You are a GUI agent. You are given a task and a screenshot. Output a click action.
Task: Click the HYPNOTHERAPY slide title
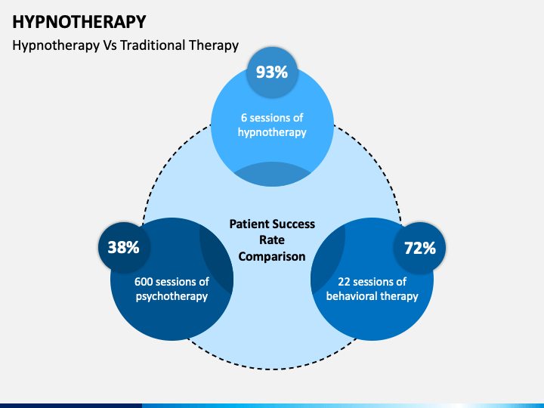pyautogui.click(x=79, y=22)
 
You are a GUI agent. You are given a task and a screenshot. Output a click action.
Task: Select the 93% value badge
pyautogui.click(x=272, y=73)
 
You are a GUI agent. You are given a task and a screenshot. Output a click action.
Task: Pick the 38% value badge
pyautogui.click(x=124, y=248)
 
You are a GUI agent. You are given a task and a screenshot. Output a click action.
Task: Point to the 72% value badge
pyautogui.click(x=420, y=248)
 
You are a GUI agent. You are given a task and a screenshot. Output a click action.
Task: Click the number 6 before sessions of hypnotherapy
pyautogui.click(x=244, y=118)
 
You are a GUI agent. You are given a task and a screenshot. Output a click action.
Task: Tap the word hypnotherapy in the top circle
pyautogui.click(x=272, y=133)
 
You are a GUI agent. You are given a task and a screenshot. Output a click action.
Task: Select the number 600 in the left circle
pyautogui.click(x=144, y=282)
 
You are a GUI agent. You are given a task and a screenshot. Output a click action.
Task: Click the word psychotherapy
pyautogui.click(x=172, y=297)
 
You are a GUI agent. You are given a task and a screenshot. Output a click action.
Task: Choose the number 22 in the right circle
pyautogui.click(x=345, y=282)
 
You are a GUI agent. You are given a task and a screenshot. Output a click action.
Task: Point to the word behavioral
pyautogui.click(x=352, y=296)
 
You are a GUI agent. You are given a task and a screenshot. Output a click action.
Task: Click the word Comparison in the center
pyautogui.click(x=272, y=257)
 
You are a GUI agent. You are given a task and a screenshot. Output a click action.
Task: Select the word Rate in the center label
pyautogui.click(x=272, y=240)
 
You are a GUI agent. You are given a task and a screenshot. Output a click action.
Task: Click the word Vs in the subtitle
pyautogui.click(x=110, y=45)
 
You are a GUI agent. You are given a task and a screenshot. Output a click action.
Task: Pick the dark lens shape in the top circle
pyautogui.click(x=272, y=174)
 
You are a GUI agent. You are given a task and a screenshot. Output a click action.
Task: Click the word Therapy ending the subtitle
pyautogui.click(x=214, y=46)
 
